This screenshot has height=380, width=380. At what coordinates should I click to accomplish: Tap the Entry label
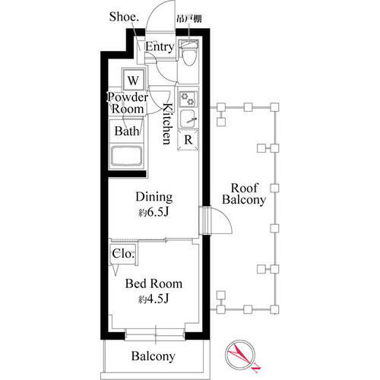(x=159, y=47)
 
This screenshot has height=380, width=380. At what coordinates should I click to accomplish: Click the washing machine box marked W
(x=134, y=80)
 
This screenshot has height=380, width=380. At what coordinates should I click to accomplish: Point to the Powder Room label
(x=127, y=103)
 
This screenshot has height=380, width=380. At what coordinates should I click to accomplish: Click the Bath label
(x=126, y=131)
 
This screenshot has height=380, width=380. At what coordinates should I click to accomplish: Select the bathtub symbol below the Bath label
(x=131, y=157)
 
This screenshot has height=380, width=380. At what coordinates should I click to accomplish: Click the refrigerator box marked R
(x=187, y=140)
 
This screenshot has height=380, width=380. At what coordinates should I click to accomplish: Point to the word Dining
(x=154, y=195)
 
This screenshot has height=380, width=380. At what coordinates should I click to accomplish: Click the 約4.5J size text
(x=154, y=299)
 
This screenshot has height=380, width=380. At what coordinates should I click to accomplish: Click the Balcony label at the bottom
(x=153, y=356)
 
